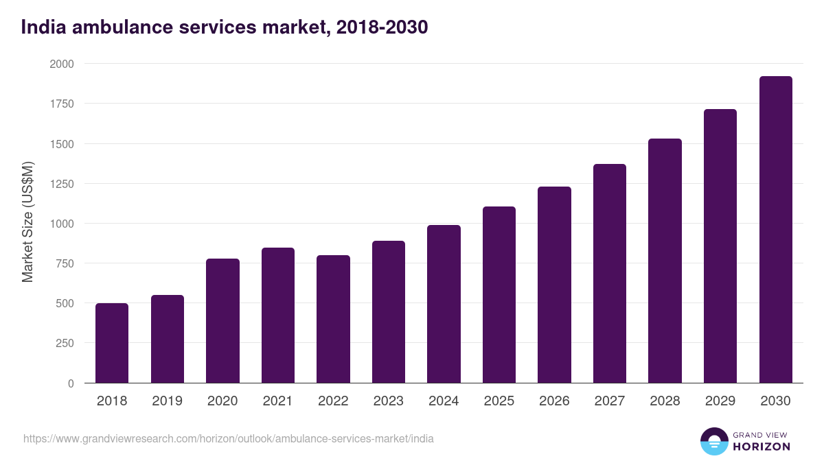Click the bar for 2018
112,343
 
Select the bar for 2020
222,321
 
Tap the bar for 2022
333,319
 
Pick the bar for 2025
499,295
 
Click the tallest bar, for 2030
775,230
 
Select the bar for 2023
389,312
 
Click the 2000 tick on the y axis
62,64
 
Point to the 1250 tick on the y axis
62,184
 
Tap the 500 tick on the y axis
65,303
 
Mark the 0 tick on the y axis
71,383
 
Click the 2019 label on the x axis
167,401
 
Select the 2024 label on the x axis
444,401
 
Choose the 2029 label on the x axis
720,401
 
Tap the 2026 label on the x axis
554,401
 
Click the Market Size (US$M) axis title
27,222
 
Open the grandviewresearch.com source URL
229,438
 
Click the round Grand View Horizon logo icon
714,441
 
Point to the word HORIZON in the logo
762,447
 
